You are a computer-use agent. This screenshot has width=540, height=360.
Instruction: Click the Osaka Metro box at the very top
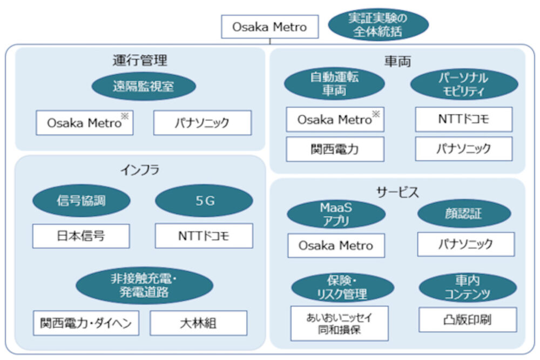(269, 26)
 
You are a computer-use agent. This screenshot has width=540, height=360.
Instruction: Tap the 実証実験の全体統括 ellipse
(378, 24)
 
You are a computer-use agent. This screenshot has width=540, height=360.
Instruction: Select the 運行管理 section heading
(140, 60)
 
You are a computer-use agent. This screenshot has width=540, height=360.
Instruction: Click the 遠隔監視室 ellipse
(144, 86)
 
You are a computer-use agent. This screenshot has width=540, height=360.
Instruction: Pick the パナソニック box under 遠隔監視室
(202, 123)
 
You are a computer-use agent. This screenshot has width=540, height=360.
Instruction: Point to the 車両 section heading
(398, 62)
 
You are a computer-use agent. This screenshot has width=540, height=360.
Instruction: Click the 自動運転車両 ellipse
(334, 84)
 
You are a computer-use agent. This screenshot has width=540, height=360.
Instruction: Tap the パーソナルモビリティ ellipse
(464, 84)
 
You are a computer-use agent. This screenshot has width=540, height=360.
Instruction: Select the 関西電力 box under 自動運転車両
(335, 149)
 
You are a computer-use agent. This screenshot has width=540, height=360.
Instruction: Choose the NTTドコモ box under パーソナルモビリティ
(464, 119)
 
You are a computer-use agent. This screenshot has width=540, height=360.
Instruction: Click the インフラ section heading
(140, 169)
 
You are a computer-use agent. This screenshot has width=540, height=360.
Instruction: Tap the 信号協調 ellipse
(82, 201)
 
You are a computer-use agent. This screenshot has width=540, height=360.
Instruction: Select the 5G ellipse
(204, 201)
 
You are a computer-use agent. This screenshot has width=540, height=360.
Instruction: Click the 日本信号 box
(81, 236)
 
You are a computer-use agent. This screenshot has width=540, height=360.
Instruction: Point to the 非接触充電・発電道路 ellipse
(144, 286)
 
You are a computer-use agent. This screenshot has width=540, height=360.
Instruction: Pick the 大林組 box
(198, 323)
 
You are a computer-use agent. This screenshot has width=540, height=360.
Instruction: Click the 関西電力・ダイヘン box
(86, 323)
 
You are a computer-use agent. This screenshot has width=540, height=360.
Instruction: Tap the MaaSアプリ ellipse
(336, 214)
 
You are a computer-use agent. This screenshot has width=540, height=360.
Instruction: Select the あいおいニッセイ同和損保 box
(340, 323)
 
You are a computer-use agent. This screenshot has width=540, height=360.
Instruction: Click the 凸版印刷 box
(468, 320)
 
